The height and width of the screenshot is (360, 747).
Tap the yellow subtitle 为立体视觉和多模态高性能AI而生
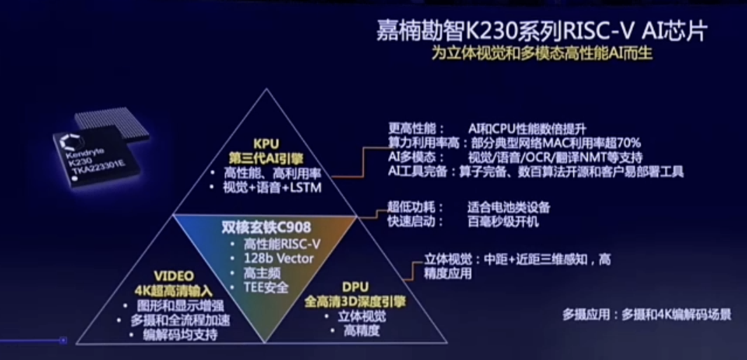click(x=542, y=55)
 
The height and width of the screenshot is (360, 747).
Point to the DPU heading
click(x=355, y=287)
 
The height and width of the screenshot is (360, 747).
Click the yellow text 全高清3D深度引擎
click(x=355, y=301)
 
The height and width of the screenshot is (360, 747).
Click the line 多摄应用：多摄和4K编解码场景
click(x=646, y=315)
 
